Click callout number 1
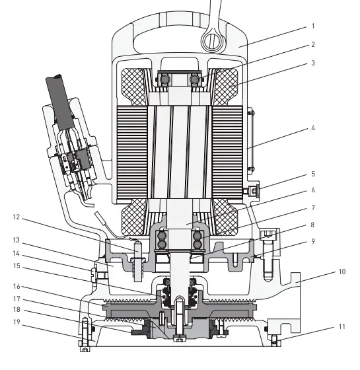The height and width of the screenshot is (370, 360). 313,28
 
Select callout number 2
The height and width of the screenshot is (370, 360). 313,45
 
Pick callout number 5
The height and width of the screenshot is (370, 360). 313,175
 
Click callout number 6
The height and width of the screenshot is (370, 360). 313,190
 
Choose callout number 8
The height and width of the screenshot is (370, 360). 313,225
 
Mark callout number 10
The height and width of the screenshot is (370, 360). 342,271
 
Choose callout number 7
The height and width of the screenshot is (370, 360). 313,207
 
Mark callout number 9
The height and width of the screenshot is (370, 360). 313,241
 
